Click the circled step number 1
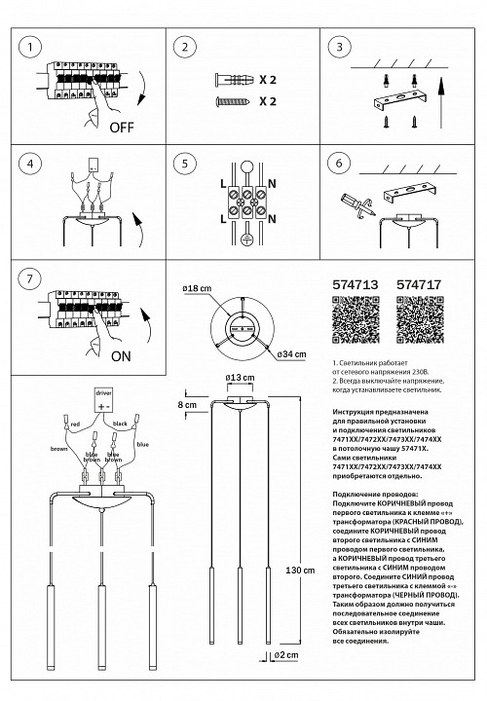pyautogui.click(x=32, y=47)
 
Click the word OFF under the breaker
pyautogui.click(x=122, y=128)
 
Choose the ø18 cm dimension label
pyautogui.click(x=198, y=291)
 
